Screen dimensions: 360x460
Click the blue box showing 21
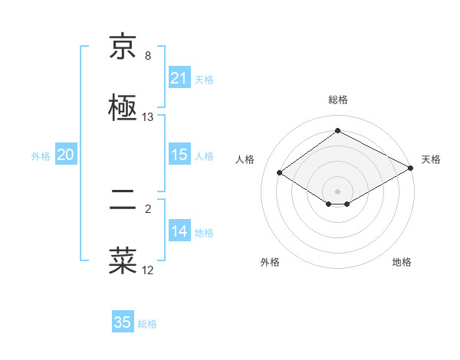[x=179, y=78]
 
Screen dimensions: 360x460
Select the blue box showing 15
[x=179, y=155]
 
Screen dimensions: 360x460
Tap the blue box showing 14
[x=179, y=231]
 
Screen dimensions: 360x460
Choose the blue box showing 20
[x=65, y=155]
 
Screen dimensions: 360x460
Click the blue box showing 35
[x=122, y=322]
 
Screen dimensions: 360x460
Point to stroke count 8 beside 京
[x=148, y=56]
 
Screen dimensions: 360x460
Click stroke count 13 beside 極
[x=148, y=117]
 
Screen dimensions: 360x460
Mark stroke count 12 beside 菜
[x=148, y=270]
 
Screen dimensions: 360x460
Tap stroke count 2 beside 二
[x=148, y=208]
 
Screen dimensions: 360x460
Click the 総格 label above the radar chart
[x=337, y=100]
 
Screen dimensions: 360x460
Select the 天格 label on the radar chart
[x=431, y=159]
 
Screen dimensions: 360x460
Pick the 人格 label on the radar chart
[x=245, y=159]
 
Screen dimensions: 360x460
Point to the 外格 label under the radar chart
[x=270, y=262]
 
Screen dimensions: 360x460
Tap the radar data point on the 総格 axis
[x=337, y=131]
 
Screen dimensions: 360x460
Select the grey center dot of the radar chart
[x=337, y=191]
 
